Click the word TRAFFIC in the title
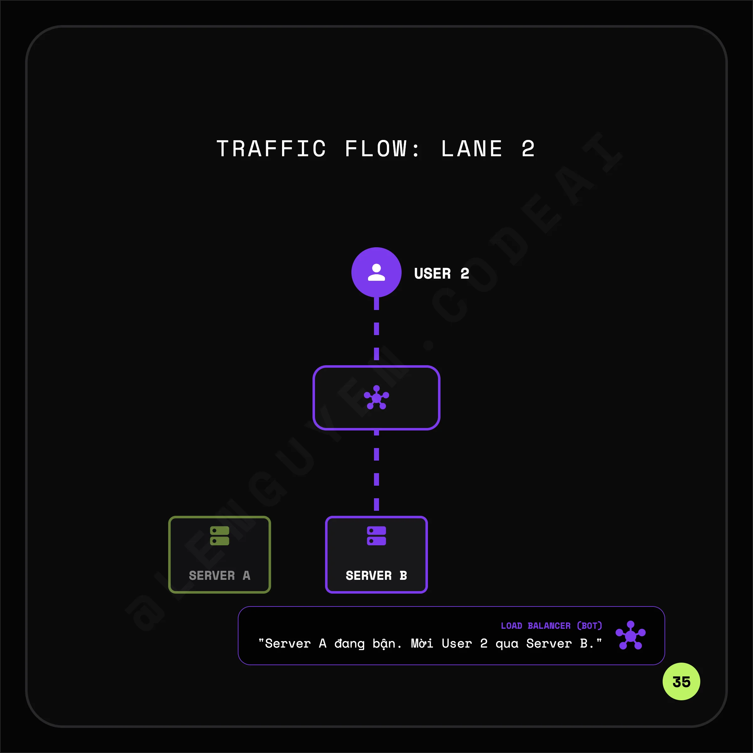[x=271, y=149]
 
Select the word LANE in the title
[x=472, y=149]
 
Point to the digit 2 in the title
[x=528, y=149]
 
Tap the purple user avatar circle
[x=376, y=272]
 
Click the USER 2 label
[x=441, y=274]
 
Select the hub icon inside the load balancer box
[x=376, y=398]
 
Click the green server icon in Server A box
[x=219, y=536]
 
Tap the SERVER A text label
[x=219, y=575]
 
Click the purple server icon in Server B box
[x=376, y=536]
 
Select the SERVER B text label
[x=376, y=575]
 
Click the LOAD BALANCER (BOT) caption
[x=551, y=626]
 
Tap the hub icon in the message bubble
[x=630, y=635]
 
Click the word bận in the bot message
[x=386, y=644]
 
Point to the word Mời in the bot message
[x=422, y=643]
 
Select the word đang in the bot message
[x=349, y=644]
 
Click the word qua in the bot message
[x=507, y=644]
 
